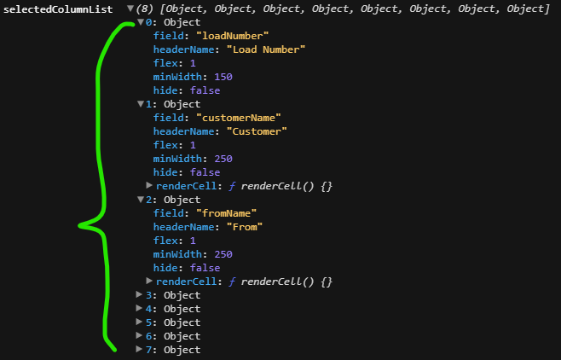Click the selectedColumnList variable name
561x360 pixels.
pos(57,9)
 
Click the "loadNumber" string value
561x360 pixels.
pos(233,36)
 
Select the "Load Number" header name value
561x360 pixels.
pos(266,49)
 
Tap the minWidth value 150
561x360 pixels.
pos(223,77)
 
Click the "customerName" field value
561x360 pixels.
pos(239,118)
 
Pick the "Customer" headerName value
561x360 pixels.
pos(257,131)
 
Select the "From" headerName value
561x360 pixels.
pos(245,227)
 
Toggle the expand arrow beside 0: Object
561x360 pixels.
pos(141,22)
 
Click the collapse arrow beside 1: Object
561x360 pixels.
pos(141,104)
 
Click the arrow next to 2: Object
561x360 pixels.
pos(141,200)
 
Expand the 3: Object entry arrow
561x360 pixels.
pos(141,295)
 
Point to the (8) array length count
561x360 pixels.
pos(146,9)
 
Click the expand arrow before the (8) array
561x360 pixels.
pos(130,9)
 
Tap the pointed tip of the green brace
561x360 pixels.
pos(80,226)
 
